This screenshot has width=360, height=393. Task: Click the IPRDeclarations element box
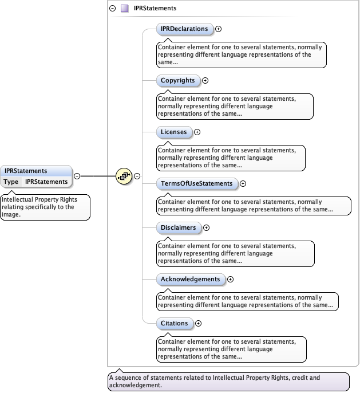[184, 29]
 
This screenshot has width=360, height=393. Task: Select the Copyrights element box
[178, 81]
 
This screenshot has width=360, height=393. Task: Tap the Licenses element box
[174, 132]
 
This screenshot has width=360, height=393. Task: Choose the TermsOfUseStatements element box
[197, 184]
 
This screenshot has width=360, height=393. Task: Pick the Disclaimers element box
[179, 227]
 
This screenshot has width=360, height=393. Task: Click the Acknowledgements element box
[191, 280]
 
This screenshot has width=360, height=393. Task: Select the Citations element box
[175, 324]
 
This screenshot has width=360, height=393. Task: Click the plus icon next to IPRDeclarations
[218, 29]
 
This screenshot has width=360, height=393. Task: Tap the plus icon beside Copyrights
[205, 81]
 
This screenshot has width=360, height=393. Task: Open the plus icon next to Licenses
[197, 132]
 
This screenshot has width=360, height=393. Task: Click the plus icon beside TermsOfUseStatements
[243, 184]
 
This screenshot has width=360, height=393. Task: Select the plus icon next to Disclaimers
[206, 227]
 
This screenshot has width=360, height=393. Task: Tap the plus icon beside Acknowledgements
[231, 280]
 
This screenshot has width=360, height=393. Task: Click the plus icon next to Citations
[198, 324]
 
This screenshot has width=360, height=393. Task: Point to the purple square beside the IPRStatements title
[124, 9]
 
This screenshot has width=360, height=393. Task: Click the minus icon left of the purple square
[112, 9]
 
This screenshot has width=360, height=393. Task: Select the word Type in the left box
[11, 182]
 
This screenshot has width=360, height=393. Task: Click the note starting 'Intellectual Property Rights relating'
[45, 207]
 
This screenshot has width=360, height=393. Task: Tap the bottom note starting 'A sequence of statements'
[228, 382]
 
